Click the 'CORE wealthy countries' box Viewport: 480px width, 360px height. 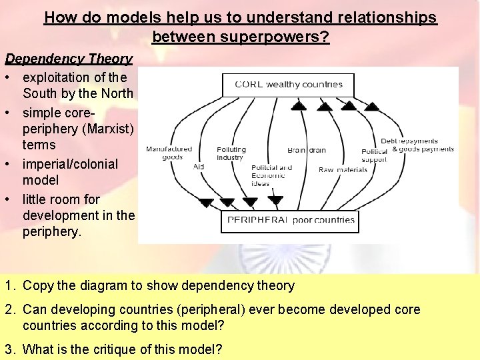point(288,85)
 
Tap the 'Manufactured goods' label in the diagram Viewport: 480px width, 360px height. point(169,153)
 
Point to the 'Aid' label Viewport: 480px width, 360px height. point(199,167)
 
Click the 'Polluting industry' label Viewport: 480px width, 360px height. point(231,154)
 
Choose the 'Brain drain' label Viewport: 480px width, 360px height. point(307,151)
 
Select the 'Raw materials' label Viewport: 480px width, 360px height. point(343,170)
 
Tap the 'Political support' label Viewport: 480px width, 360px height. point(374,156)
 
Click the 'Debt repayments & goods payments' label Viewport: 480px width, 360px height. point(417,145)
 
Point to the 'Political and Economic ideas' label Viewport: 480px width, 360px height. point(271,175)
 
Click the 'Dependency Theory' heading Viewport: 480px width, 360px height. point(69,59)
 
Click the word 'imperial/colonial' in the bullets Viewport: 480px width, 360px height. point(70,164)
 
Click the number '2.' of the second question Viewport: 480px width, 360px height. point(10,310)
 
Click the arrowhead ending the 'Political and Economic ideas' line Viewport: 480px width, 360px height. point(275,201)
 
